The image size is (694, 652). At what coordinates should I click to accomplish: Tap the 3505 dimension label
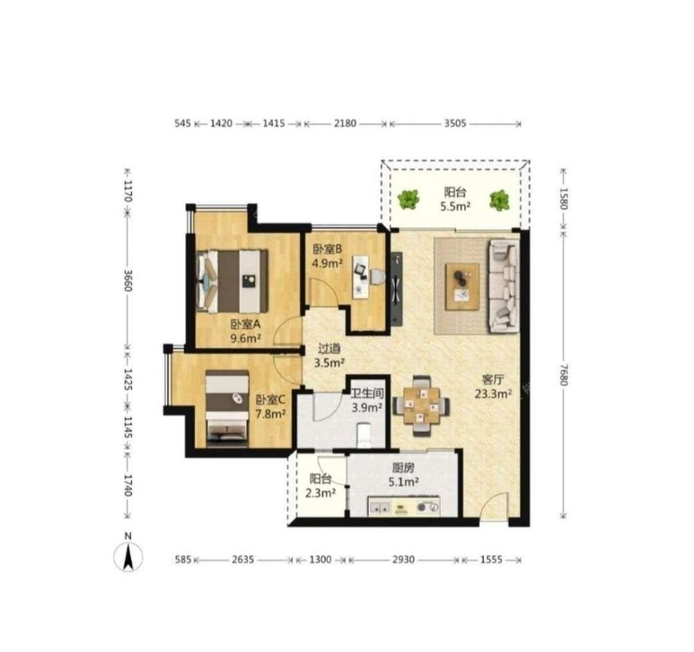click(x=455, y=123)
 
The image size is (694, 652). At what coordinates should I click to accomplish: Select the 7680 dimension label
click(x=563, y=375)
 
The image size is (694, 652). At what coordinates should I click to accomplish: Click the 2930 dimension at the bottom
click(x=404, y=560)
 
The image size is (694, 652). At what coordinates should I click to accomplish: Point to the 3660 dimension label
click(x=128, y=280)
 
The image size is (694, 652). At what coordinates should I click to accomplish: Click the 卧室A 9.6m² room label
click(x=245, y=332)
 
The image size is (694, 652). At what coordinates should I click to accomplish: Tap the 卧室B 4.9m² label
click(x=328, y=257)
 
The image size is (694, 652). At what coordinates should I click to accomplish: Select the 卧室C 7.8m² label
click(x=271, y=407)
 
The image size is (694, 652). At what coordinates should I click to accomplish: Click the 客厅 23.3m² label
click(x=493, y=386)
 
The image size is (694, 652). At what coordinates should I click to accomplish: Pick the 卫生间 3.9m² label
click(x=367, y=400)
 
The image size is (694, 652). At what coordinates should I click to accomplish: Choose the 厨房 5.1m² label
click(x=403, y=474)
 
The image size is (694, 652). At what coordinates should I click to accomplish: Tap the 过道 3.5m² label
click(x=329, y=356)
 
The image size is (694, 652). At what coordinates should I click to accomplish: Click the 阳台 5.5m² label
click(x=455, y=199)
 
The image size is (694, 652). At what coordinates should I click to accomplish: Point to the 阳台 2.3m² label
click(x=321, y=486)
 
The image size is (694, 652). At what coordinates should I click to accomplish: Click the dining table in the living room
click(x=421, y=405)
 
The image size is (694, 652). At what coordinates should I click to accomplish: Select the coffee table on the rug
click(x=462, y=286)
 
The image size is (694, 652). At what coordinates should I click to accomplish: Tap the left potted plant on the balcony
click(x=408, y=200)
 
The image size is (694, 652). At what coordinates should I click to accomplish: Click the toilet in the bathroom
click(x=364, y=436)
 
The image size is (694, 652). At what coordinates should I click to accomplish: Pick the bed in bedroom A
click(x=232, y=281)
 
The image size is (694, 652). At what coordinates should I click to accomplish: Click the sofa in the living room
click(x=504, y=286)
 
